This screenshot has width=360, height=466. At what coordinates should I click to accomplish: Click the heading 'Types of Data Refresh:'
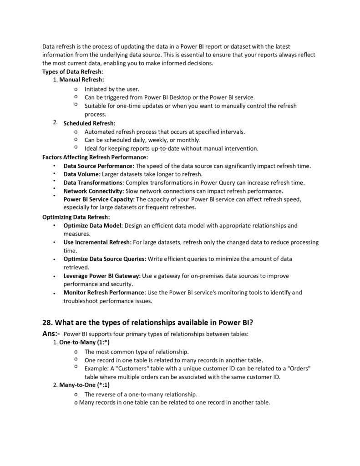point(73,71)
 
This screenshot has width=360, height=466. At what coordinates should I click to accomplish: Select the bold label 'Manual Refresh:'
point(81,80)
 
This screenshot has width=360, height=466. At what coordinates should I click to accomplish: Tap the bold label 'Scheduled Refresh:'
point(89,123)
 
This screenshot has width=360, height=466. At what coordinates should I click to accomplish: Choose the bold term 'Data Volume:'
point(82,174)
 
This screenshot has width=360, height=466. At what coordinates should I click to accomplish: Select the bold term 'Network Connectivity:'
point(93,191)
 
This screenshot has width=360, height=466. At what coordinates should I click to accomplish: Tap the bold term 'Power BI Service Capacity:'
point(99,199)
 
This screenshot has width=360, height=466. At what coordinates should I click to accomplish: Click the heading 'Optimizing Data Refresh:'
point(76,217)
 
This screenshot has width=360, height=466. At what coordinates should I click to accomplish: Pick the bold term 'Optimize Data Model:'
point(93,225)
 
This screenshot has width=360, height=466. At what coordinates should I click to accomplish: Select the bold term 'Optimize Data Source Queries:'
point(105,259)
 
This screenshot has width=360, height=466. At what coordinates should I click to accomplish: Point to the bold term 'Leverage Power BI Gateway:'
point(102,276)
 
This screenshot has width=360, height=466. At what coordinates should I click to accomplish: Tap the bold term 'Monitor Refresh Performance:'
point(104,293)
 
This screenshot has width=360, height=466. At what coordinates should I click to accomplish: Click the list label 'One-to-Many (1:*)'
point(84,342)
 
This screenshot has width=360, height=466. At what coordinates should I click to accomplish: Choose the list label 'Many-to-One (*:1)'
point(84,385)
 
